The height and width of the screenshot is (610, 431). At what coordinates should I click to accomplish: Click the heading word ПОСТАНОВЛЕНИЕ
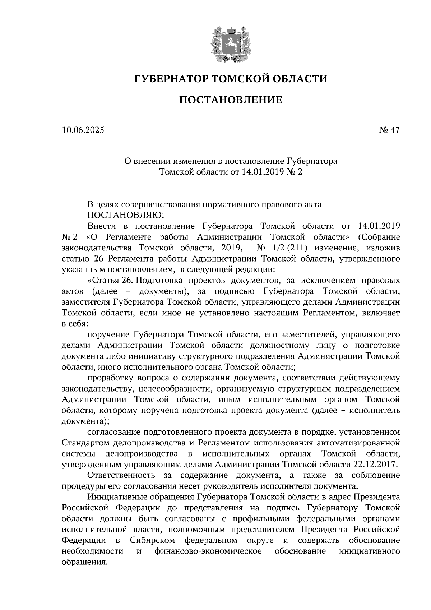point(231,100)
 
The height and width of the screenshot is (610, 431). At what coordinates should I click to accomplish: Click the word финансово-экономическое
point(208,551)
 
